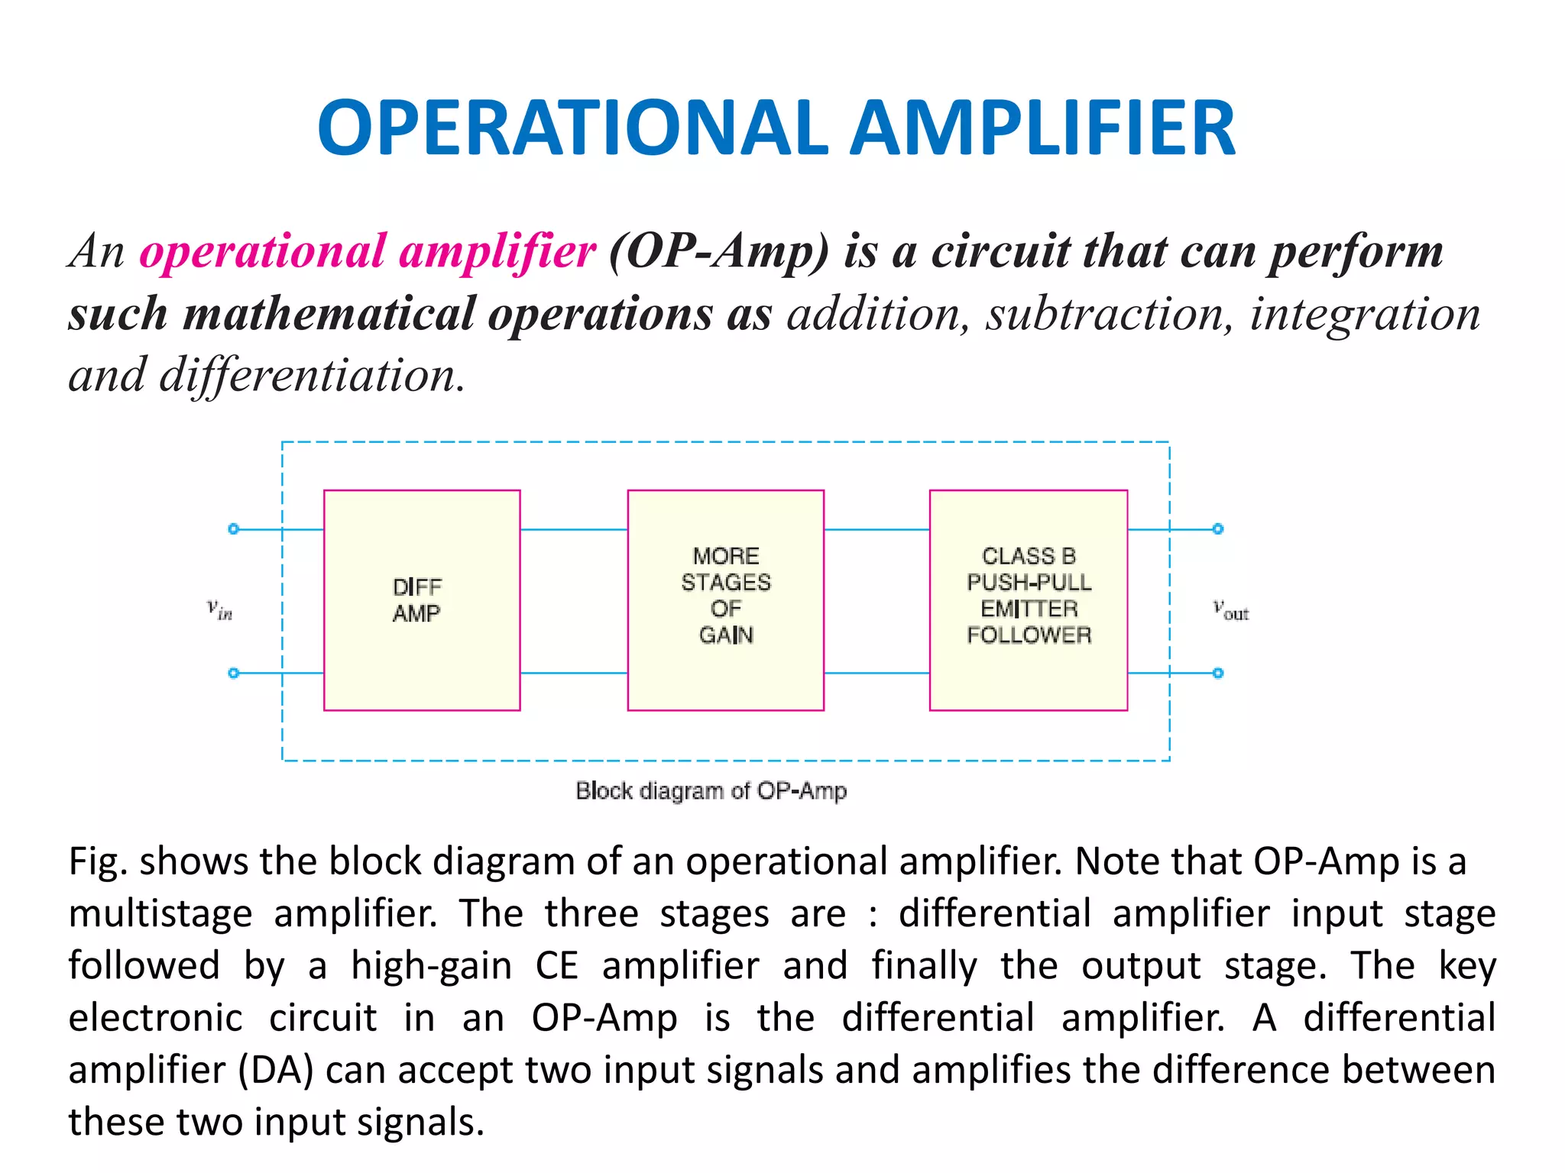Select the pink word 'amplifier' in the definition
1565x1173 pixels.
497,251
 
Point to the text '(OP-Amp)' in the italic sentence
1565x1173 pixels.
719,253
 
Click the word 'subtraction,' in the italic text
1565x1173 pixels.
1109,314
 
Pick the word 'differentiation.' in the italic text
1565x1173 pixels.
312,376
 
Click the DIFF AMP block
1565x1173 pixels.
422,600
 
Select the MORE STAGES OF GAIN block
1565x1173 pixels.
725,600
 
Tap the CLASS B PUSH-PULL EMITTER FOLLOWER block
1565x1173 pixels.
1028,600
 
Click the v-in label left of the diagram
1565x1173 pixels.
219,609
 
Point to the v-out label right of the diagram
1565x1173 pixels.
1230,611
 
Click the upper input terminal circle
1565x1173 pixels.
234,529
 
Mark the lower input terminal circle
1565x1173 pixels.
234,673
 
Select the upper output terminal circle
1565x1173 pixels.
1218,529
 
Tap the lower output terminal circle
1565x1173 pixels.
1218,673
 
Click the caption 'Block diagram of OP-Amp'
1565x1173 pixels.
711,791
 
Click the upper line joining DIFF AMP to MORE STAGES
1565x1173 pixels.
573,529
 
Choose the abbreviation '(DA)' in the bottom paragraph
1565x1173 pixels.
276,1071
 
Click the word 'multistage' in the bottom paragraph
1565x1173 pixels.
160,914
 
